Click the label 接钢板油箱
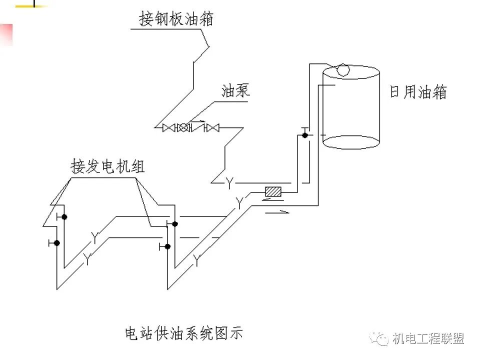coord(176,18)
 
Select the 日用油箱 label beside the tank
coord(418,92)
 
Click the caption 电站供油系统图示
coord(184,332)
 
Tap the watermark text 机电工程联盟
coord(428,338)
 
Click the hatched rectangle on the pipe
coord(273,191)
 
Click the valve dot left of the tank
coord(304,135)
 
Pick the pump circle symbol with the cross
coord(184,128)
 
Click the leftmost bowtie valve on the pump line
coord(168,128)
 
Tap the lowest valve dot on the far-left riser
coord(57,243)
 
